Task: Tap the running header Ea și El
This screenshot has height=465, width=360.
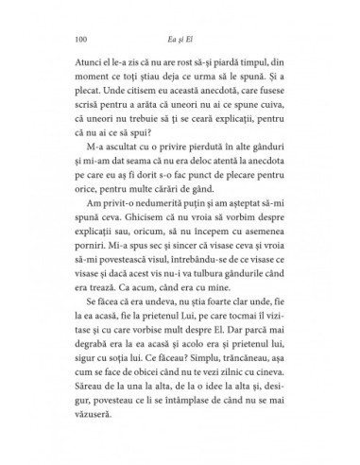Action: click(180, 40)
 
